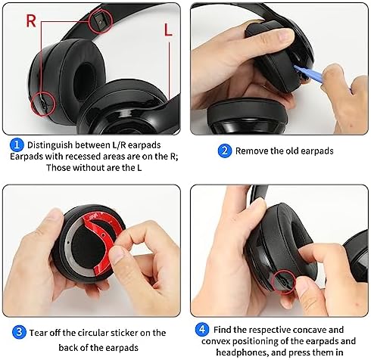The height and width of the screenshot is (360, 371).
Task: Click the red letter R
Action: (x=31, y=20)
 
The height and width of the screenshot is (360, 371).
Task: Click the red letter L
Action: (x=166, y=30)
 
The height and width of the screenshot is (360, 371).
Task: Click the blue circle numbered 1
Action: (x=16, y=144)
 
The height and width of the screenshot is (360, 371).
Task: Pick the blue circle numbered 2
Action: (x=224, y=151)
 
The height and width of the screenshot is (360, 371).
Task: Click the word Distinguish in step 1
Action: (x=53, y=144)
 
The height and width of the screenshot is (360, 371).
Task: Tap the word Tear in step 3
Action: (x=39, y=331)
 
